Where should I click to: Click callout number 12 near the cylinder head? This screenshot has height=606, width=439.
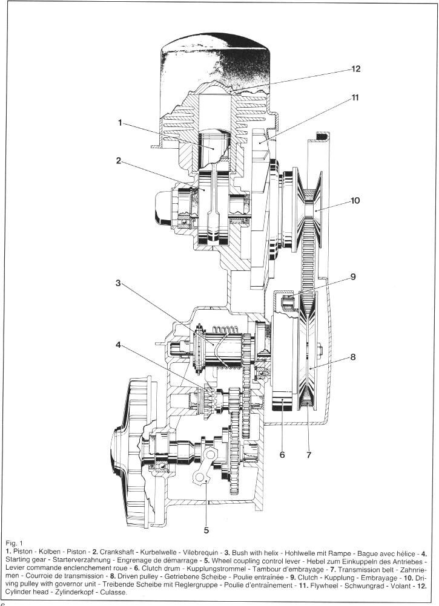355,69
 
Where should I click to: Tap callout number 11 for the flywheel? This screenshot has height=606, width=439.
355,97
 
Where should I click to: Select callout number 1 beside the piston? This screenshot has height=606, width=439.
120,123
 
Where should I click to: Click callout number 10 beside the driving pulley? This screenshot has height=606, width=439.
355,200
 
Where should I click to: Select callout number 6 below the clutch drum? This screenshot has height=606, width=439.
282,455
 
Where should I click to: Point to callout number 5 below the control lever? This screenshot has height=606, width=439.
206,530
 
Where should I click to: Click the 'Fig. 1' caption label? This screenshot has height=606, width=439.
13,542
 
